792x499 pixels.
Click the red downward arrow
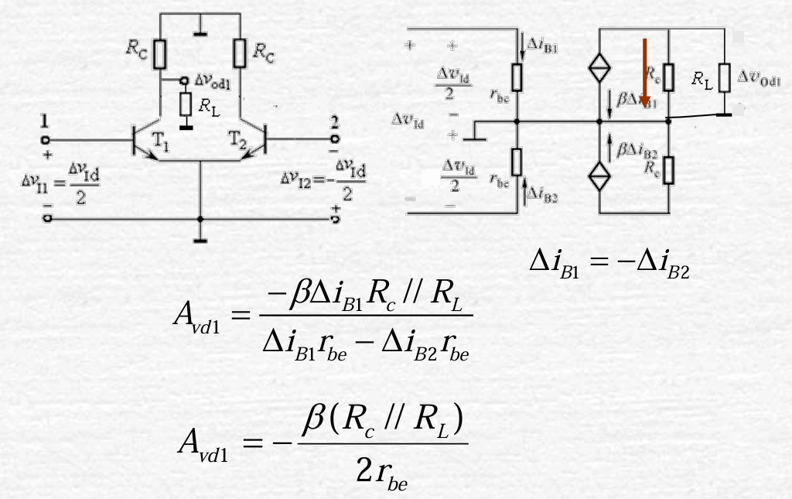pos(644,73)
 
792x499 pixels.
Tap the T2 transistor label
pos(237,139)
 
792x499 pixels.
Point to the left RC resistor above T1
pos(159,54)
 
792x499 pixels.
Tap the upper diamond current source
pos(599,68)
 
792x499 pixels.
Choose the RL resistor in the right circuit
pos(724,77)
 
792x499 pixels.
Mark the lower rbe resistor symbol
pos(516,162)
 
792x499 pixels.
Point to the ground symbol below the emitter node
pos(200,241)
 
